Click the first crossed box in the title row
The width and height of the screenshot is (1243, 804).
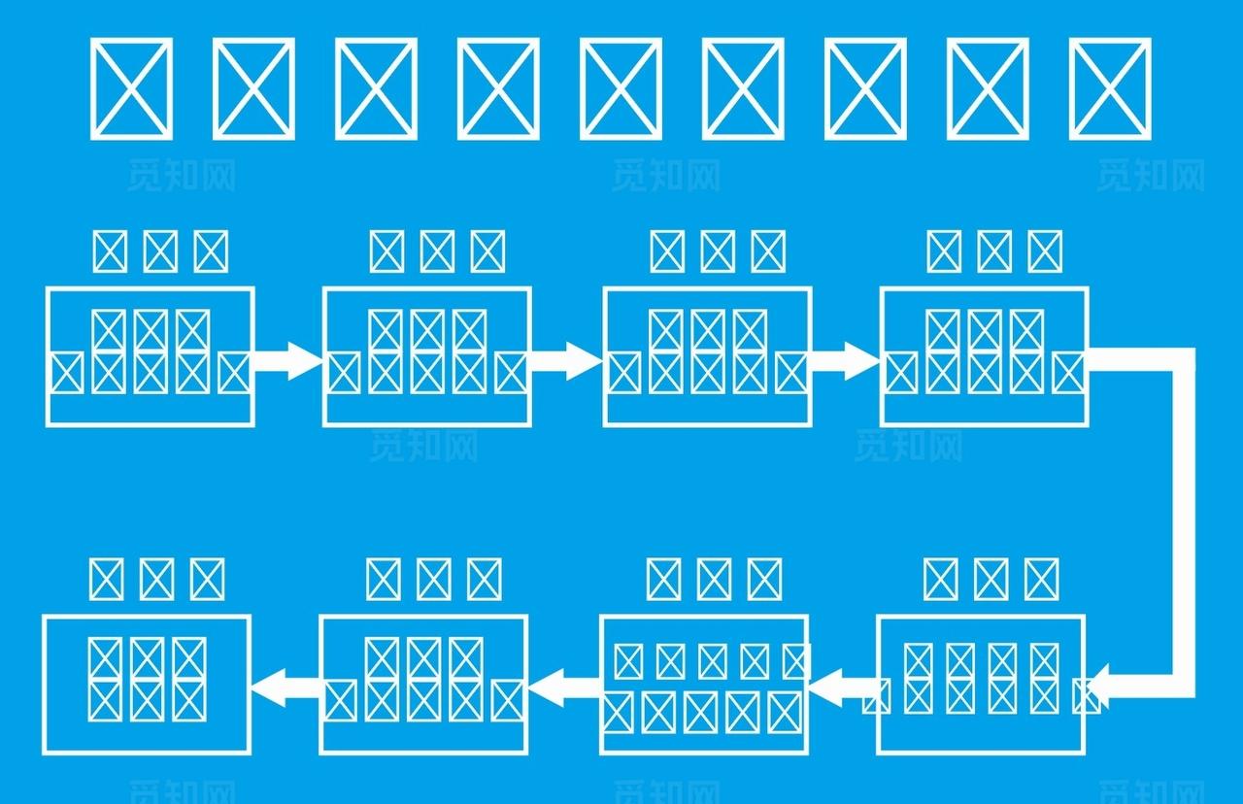click(x=131, y=88)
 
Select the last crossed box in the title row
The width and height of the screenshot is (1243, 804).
click(x=1110, y=88)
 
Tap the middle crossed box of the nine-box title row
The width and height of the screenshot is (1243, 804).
click(x=621, y=88)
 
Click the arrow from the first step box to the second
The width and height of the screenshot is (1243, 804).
click(x=287, y=360)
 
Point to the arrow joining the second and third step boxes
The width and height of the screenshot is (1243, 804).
click(x=566, y=360)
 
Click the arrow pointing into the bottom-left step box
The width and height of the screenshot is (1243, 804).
click(x=286, y=686)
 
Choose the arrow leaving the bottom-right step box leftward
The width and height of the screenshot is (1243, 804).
click(x=843, y=687)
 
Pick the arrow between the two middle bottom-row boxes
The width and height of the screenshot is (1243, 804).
click(x=564, y=687)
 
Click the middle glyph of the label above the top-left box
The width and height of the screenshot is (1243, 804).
click(x=160, y=251)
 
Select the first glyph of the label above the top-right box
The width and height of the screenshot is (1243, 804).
click(x=943, y=251)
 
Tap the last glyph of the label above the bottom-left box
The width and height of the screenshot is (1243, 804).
click(x=207, y=580)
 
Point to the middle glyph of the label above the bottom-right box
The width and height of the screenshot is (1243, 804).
click(x=991, y=580)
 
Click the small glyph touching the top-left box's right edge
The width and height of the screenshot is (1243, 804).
click(x=234, y=373)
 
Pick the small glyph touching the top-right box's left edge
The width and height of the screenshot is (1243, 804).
click(x=901, y=373)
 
